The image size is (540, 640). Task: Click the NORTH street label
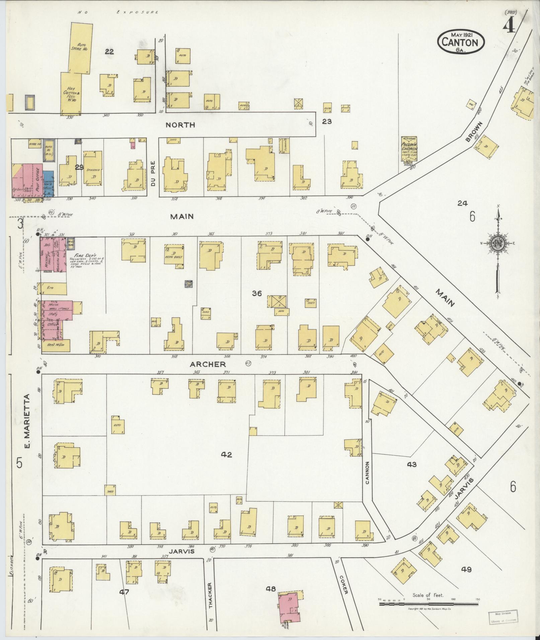coord(181,125)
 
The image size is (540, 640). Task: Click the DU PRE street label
coord(153,171)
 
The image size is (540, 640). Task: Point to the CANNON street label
coord(367,473)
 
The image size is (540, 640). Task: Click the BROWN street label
coord(474,132)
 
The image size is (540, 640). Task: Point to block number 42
coord(226,454)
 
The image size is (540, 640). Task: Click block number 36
coord(257,293)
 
